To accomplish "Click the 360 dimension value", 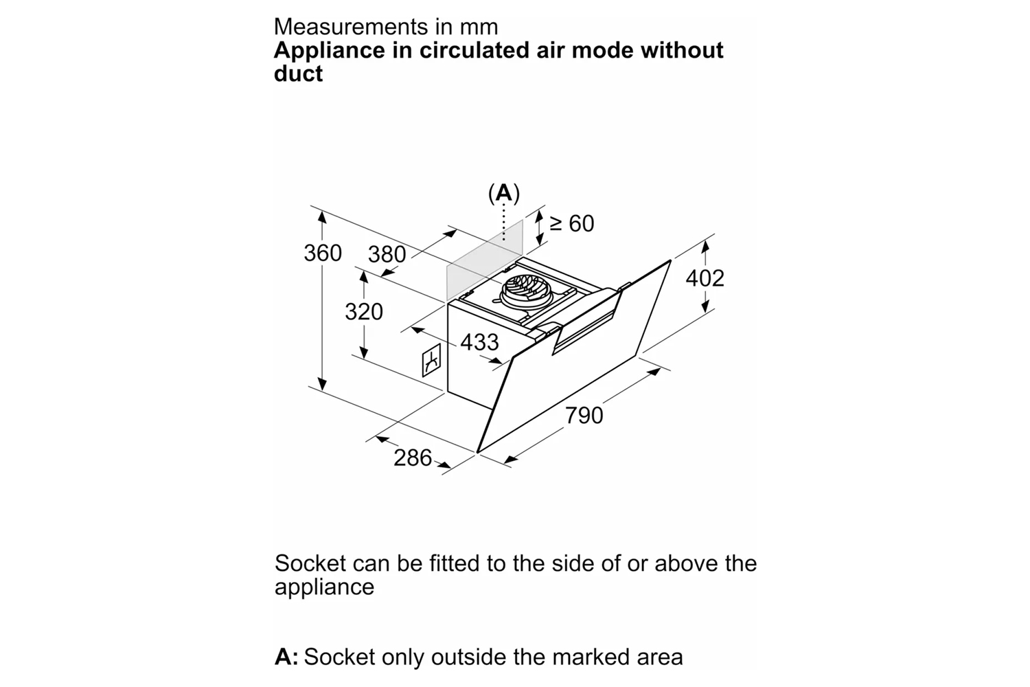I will tap(323, 254).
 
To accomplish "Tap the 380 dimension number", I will tap(387, 255).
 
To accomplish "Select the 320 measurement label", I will tap(364, 312).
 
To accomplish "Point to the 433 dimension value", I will tap(479, 342).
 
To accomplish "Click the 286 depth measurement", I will tap(413, 458).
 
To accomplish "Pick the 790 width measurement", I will tap(584, 416).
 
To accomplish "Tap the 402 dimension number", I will tap(705, 278).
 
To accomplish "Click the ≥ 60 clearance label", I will tap(571, 223).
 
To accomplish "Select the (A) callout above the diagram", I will tap(504, 194).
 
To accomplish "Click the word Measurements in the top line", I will tap(350, 27).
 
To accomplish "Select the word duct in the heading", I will tap(298, 74).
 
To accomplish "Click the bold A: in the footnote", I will tap(286, 657).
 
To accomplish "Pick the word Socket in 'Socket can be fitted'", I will tap(310, 563).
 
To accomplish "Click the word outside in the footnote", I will tap(468, 657).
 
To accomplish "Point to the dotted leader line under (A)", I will tap(504, 221).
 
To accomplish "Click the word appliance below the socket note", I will tap(324, 587).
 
